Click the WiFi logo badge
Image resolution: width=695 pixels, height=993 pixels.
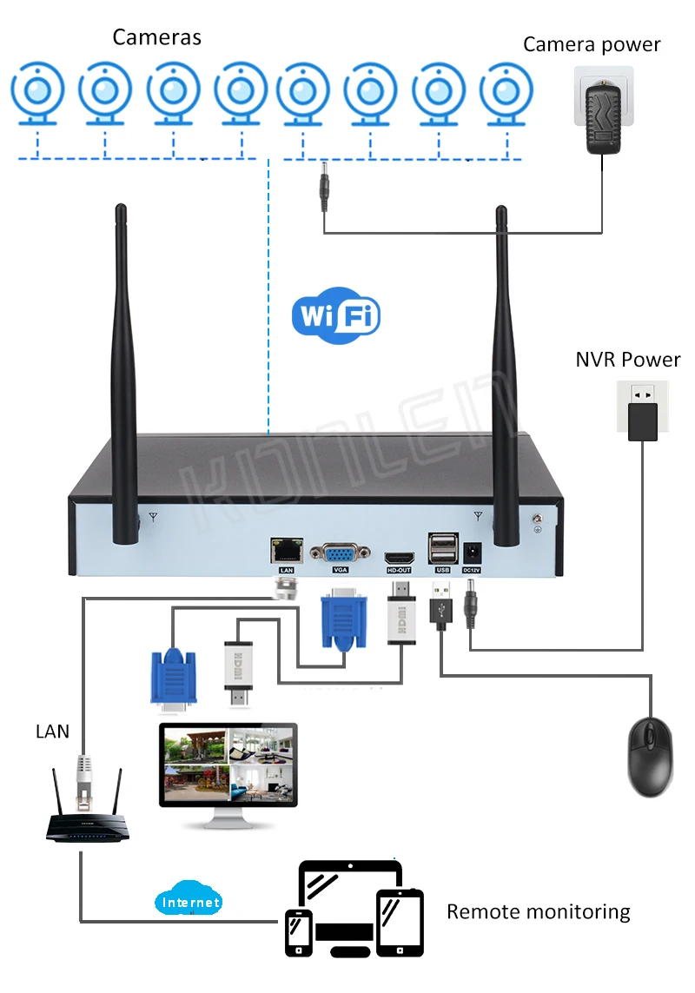point(336,315)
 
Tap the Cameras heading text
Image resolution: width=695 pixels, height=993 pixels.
point(156,36)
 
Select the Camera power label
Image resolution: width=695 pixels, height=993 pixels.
point(591,44)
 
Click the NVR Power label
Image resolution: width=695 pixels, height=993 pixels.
point(627,359)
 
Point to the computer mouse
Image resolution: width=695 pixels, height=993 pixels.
point(650,757)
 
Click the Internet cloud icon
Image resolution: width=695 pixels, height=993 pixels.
point(189,902)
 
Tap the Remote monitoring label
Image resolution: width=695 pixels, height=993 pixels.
point(538,911)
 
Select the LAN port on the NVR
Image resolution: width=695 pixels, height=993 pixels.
point(287,549)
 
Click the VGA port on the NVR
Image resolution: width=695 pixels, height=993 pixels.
point(340,553)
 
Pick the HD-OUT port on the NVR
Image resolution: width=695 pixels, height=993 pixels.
point(399,556)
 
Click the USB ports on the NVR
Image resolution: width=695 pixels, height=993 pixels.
point(441,548)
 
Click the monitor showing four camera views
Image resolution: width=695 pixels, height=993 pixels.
point(228,765)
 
